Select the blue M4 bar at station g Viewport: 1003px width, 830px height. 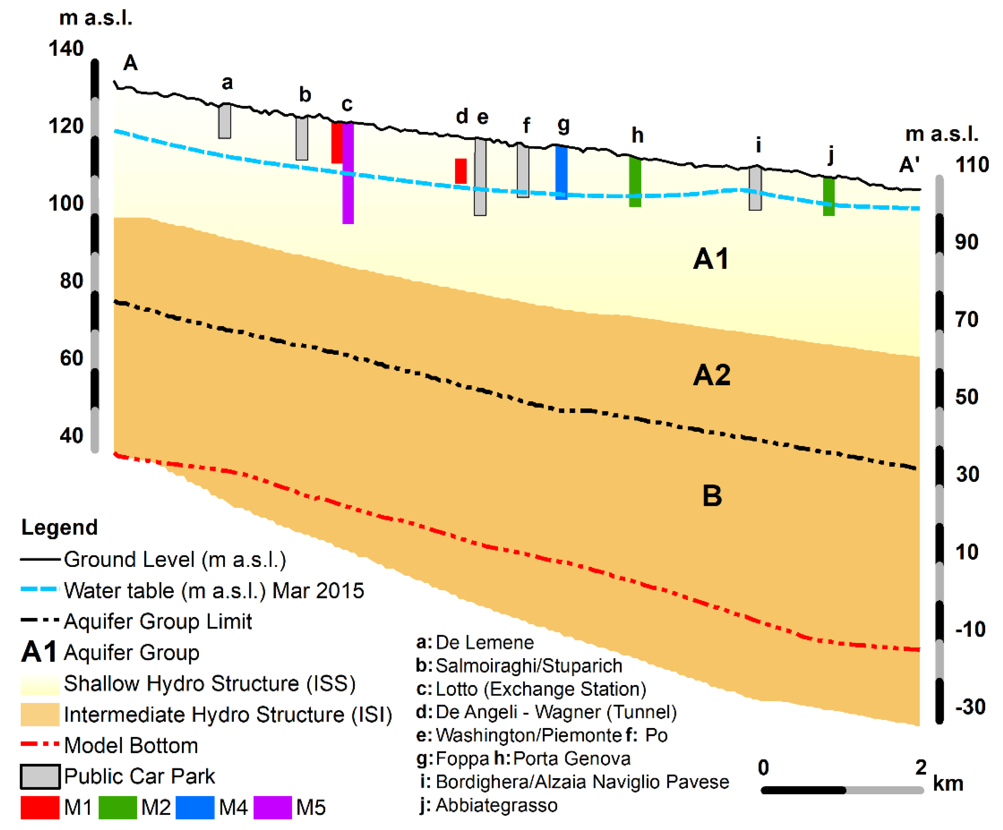(x=561, y=173)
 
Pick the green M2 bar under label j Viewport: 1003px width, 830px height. (x=829, y=196)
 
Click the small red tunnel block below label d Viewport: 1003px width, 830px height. (x=460, y=171)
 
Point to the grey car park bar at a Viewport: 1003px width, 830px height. (x=224, y=122)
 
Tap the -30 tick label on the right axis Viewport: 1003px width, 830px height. (x=970, y=707)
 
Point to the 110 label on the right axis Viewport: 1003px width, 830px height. (x=971, y=165)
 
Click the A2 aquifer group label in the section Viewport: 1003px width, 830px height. (x=712, y=375)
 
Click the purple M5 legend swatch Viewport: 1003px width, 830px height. (x=272, y=808)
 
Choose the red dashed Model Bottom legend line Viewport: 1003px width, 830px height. (x=40, y=744)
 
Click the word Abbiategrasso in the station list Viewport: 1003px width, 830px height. (x=496, y=805)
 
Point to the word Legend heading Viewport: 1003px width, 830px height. (x=60, y=528)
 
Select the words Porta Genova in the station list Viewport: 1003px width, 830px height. (x=572, y=758)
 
